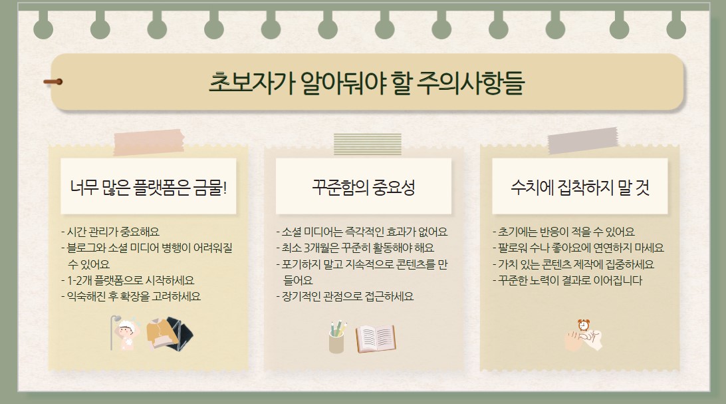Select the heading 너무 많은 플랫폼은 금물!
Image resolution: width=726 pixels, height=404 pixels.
click(148, 187)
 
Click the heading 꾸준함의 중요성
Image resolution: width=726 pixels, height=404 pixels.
click(363, 187)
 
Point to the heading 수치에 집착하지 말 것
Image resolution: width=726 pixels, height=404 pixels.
click(580, 187)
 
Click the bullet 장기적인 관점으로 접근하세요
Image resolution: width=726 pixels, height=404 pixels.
click(345, 296)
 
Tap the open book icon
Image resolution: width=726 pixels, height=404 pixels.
click(376, 338)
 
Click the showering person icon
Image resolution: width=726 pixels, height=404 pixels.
click(124, 332)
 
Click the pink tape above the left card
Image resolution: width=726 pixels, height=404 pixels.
click(149, 140)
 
